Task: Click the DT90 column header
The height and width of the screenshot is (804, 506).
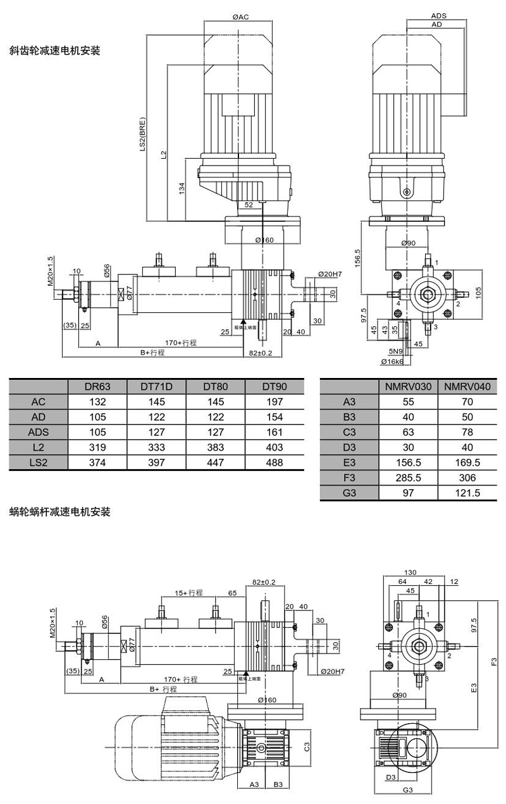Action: click(275, 386)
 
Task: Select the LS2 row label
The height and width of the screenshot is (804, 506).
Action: click(39, 462)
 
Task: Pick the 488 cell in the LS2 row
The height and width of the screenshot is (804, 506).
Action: click(275, 462)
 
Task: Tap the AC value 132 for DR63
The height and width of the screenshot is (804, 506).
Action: click(97, 401)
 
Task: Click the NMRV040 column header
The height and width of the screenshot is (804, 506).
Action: click(471, 386)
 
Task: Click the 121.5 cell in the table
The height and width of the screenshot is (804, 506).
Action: click(471, 492)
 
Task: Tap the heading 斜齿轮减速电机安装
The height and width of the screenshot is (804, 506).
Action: click(55, 51)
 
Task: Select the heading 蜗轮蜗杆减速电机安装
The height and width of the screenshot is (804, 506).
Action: click(60, 512)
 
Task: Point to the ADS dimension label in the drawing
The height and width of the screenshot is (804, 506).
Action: click(438, 15)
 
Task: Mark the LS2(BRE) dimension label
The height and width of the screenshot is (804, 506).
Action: click(143, 135)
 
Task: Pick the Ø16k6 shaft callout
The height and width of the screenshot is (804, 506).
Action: click(393, 362)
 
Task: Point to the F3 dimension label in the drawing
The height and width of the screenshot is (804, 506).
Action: click(494, 662)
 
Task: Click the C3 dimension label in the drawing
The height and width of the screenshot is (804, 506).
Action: click(306, 747)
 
